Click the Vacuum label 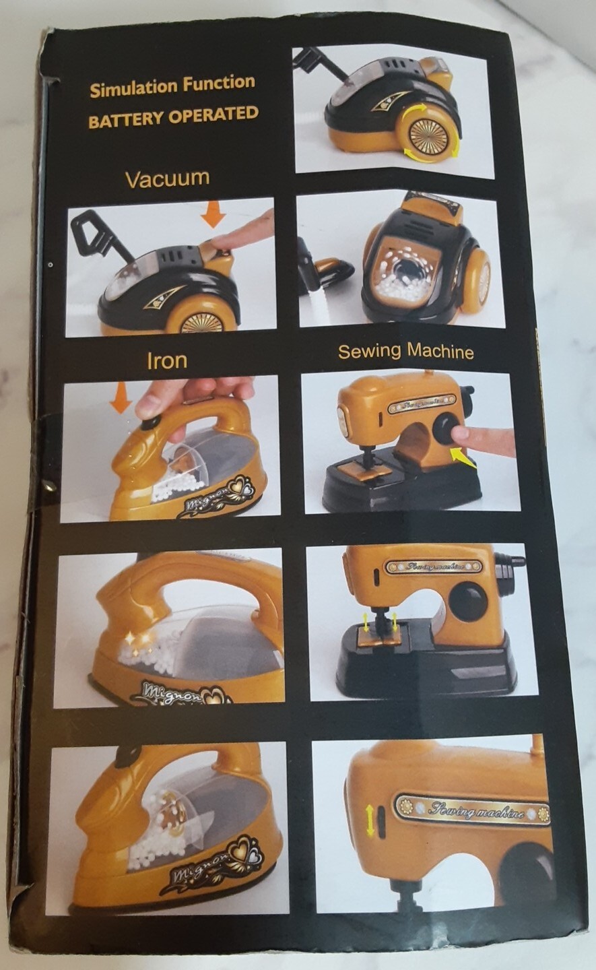[168, 179]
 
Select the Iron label [167, 361]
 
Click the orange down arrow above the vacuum [213, 214]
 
